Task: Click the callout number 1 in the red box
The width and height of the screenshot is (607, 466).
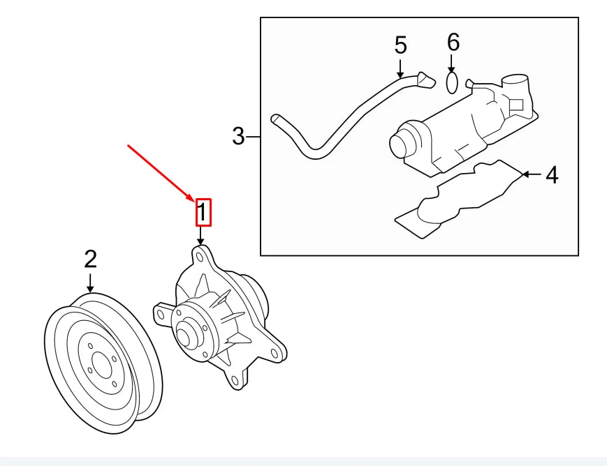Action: pos(202,213)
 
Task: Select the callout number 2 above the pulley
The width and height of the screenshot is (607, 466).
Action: pos(90,260)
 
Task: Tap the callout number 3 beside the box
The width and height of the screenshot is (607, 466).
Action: pos(239,136)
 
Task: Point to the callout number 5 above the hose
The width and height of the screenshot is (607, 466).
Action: pos(400,45)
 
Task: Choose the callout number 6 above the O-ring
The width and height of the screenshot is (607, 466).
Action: pos(453,43)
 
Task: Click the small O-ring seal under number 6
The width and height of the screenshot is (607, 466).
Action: pos(452,83)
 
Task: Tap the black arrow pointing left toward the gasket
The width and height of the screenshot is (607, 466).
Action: pos(531,174)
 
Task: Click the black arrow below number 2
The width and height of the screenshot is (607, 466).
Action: pos(90,283)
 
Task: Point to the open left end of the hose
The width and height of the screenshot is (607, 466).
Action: pos(275,119)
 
